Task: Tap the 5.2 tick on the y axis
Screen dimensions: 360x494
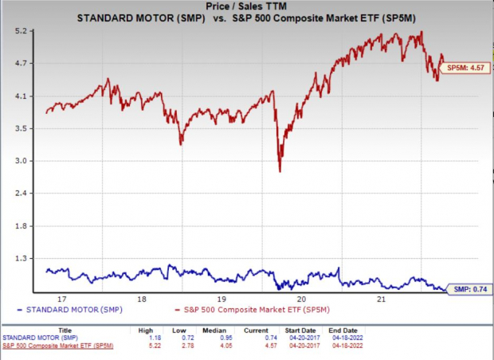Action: (x=22, y=31)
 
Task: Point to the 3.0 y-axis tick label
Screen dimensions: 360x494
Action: (x=22, y=162)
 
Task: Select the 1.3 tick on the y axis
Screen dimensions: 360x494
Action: (x=22, y=259)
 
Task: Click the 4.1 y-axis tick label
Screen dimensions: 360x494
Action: (x=22, y=96)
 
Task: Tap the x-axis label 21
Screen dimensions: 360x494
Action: (x=382, y=299)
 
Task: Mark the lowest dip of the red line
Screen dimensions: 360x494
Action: (x=280, y=170)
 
